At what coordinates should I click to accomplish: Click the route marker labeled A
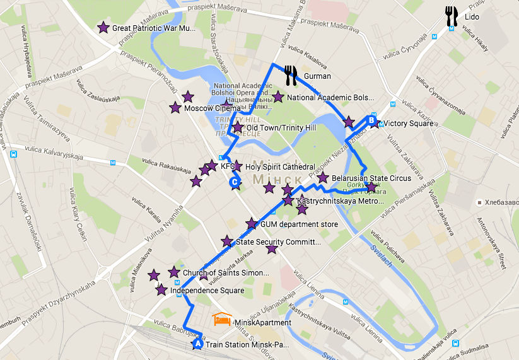click(197, 344)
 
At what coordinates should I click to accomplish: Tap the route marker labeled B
click(371, 120)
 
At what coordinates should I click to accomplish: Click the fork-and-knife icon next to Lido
click(451, 16)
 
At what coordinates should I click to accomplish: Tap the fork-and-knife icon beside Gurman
click(290, 76)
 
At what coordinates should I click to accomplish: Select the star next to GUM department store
click(252, 224)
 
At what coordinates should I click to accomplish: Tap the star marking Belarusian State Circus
click(323, 178)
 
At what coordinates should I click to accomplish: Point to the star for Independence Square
click(161, 291)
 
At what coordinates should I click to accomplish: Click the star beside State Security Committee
click(227, 241)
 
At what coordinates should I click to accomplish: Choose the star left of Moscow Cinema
click(175, 108)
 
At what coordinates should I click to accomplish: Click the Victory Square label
click(408, 124)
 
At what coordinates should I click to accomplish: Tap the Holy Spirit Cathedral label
click(279, 167)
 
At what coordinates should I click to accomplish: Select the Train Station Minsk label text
click(247, 344)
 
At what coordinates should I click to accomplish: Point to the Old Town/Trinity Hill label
click(281, 128)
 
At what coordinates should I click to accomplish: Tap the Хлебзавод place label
click(502, 202)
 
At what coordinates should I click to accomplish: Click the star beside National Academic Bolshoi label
click(278, 97)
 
